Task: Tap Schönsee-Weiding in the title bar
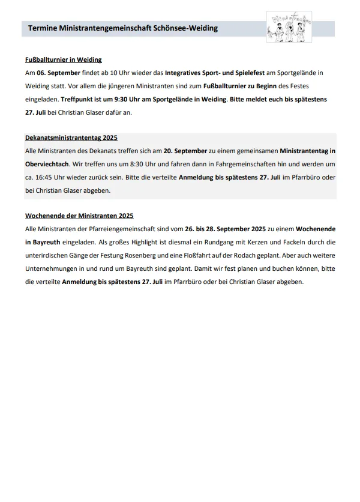pyautogui.click(x=186, y=28)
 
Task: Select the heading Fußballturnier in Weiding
pyautogui.click(x=64, y=59)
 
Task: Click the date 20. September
pyautogui.click(x=185, y=151)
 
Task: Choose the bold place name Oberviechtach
pyautogui.click(x=48, y=164)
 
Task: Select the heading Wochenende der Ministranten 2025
pyautogui.click(x=79, y=216)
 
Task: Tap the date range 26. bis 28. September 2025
pyautogui.click(x=223, y=229)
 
